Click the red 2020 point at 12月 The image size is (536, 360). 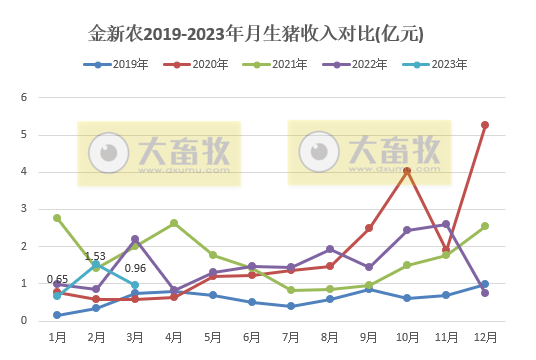tap(485, 125)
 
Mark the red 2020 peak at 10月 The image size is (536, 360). tap(407, 171)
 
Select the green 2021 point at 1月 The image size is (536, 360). tap(57, 218)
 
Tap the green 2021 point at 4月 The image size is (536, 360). tap(174, 223)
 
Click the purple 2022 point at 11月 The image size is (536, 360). tap(446, 224)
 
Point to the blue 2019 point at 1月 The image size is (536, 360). tap(57, 315)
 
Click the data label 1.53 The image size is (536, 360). tap(96, 256)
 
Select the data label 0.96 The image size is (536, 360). tap(135, 268)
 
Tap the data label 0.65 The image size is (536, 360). tap(57, 279)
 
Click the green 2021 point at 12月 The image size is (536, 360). tap(485, 226)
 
